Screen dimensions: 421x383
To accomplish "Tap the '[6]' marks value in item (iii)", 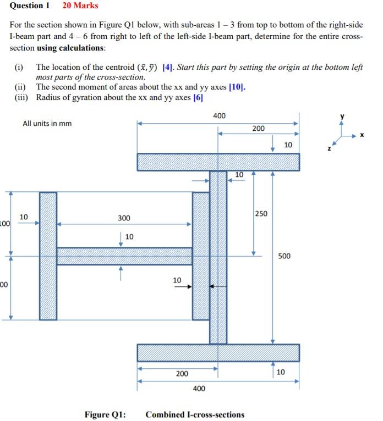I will point(198,97).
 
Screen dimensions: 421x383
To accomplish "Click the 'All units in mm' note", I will point(47,123).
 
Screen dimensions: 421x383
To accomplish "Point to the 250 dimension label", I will point(260,213).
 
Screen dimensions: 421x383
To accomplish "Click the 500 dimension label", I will point(284,256).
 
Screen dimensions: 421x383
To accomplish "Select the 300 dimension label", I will point(124,218).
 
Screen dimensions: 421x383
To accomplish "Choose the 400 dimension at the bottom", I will point(199,389).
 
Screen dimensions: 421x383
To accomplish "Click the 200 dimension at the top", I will point(258,128).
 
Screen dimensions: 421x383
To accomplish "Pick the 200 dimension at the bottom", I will point(182,374).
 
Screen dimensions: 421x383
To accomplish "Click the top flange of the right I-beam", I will point(218,162).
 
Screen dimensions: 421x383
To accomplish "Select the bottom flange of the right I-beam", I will point(218,352).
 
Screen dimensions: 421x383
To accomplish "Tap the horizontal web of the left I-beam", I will point(124,256).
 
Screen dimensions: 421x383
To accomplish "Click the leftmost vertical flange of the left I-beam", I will point(48,256).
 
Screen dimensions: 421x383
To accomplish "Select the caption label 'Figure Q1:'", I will point(105,414).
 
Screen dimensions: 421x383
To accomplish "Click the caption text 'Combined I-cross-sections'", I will point(195,414).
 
